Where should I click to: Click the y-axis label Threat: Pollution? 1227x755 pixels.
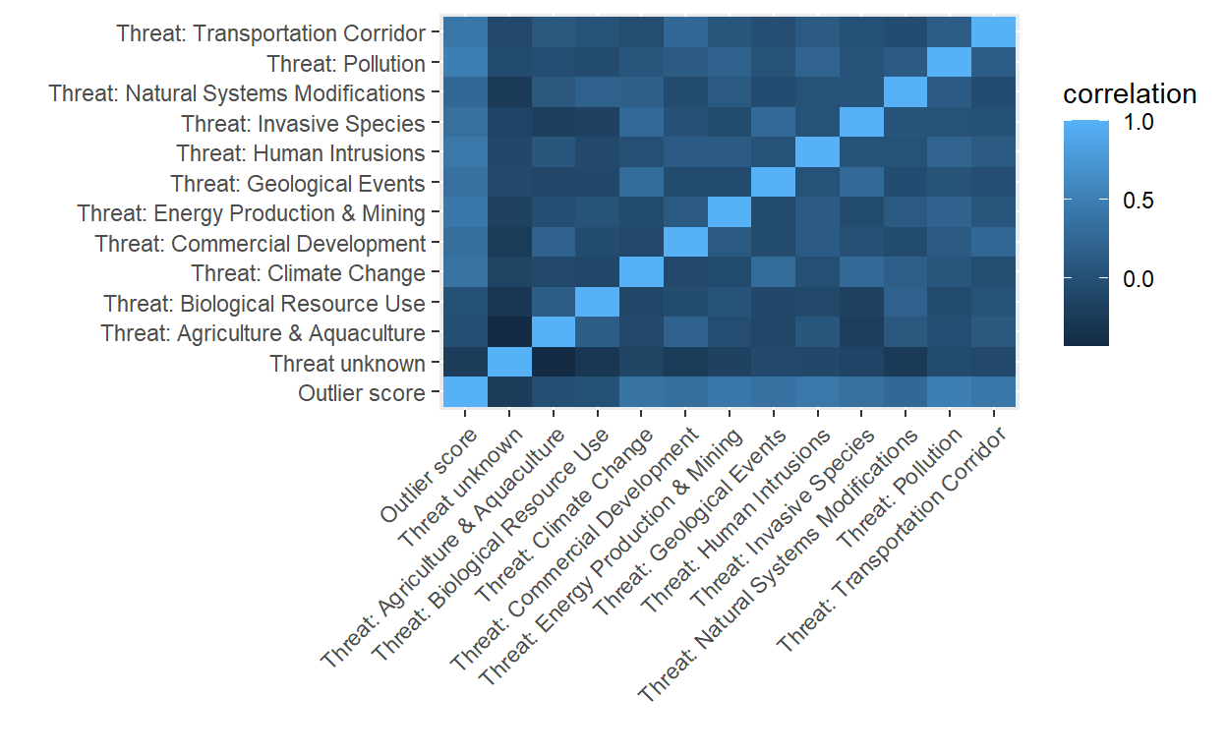pos(346,64)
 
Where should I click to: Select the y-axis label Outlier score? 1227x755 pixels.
pos(362,394)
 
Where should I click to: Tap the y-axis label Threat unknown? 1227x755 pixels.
pos(347,364)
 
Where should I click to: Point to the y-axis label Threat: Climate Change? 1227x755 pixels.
pos(309,273)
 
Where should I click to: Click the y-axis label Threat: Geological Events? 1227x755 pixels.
pos(298,184)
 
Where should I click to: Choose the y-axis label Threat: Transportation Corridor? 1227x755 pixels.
pos(270,33)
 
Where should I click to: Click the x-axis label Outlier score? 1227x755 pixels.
pos(426,477)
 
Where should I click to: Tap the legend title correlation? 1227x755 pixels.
pos(1130,94)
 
